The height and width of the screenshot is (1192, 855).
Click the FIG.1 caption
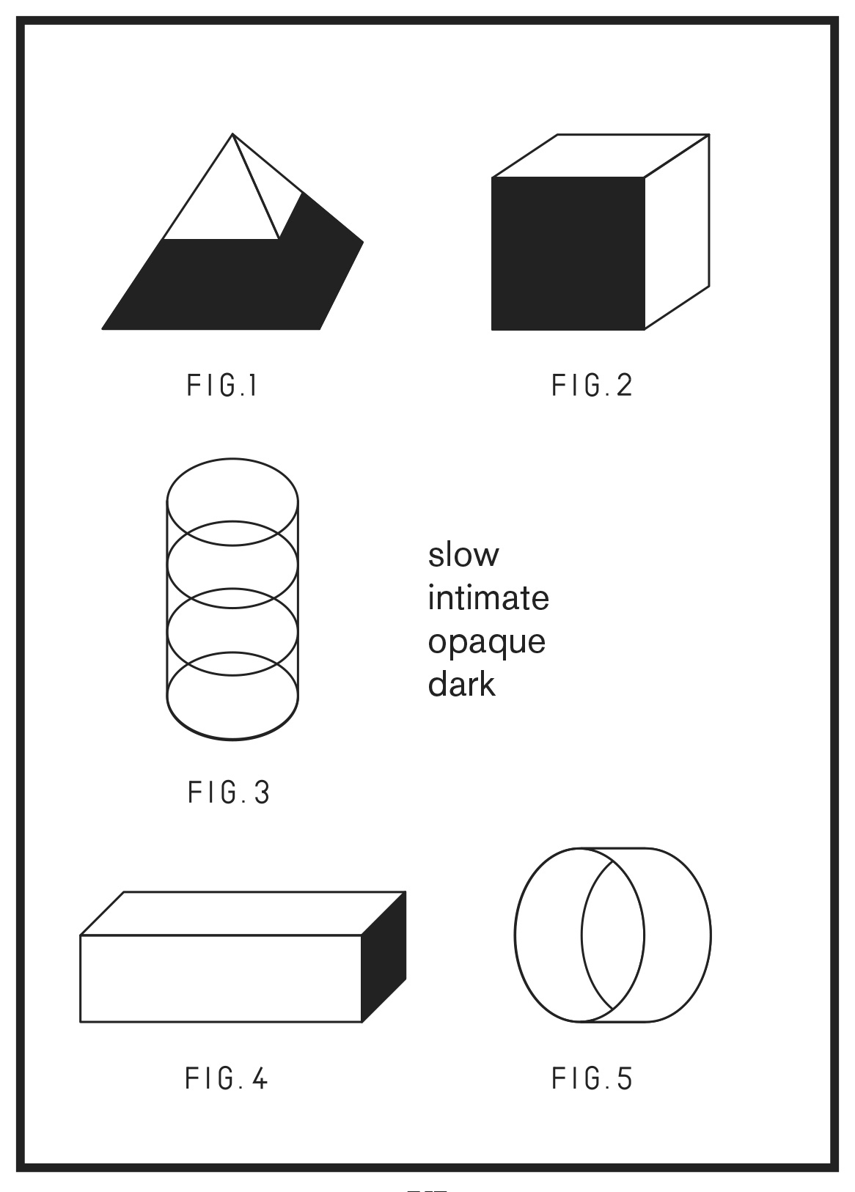click(222, 386)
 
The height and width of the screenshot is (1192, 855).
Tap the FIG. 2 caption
click(592, 386)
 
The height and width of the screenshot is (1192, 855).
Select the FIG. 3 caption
click(229, 792)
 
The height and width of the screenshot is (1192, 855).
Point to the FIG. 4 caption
click(227, 1078)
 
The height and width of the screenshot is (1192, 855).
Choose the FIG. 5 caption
click(592, 1078)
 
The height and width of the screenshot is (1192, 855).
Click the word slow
click(463, 554)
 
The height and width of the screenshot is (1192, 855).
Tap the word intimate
click(488, 597)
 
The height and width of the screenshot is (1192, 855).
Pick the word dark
click(461, 684)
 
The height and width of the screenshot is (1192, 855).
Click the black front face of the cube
click(568, 254)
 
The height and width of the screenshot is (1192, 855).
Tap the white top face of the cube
click(601, 155)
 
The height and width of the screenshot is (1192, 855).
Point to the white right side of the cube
click(677, 232)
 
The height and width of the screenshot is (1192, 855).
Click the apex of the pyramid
click(232, 134)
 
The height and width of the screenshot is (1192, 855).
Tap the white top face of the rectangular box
click(243, 913)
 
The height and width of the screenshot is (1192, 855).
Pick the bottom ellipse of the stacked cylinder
click(232, 740)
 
